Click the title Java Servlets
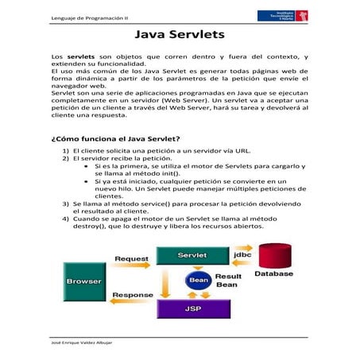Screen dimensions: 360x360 (180, 36)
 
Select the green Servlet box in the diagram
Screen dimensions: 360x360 (192, 255)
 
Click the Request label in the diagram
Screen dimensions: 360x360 (131, 258)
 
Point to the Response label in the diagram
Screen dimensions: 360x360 (132, 295)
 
